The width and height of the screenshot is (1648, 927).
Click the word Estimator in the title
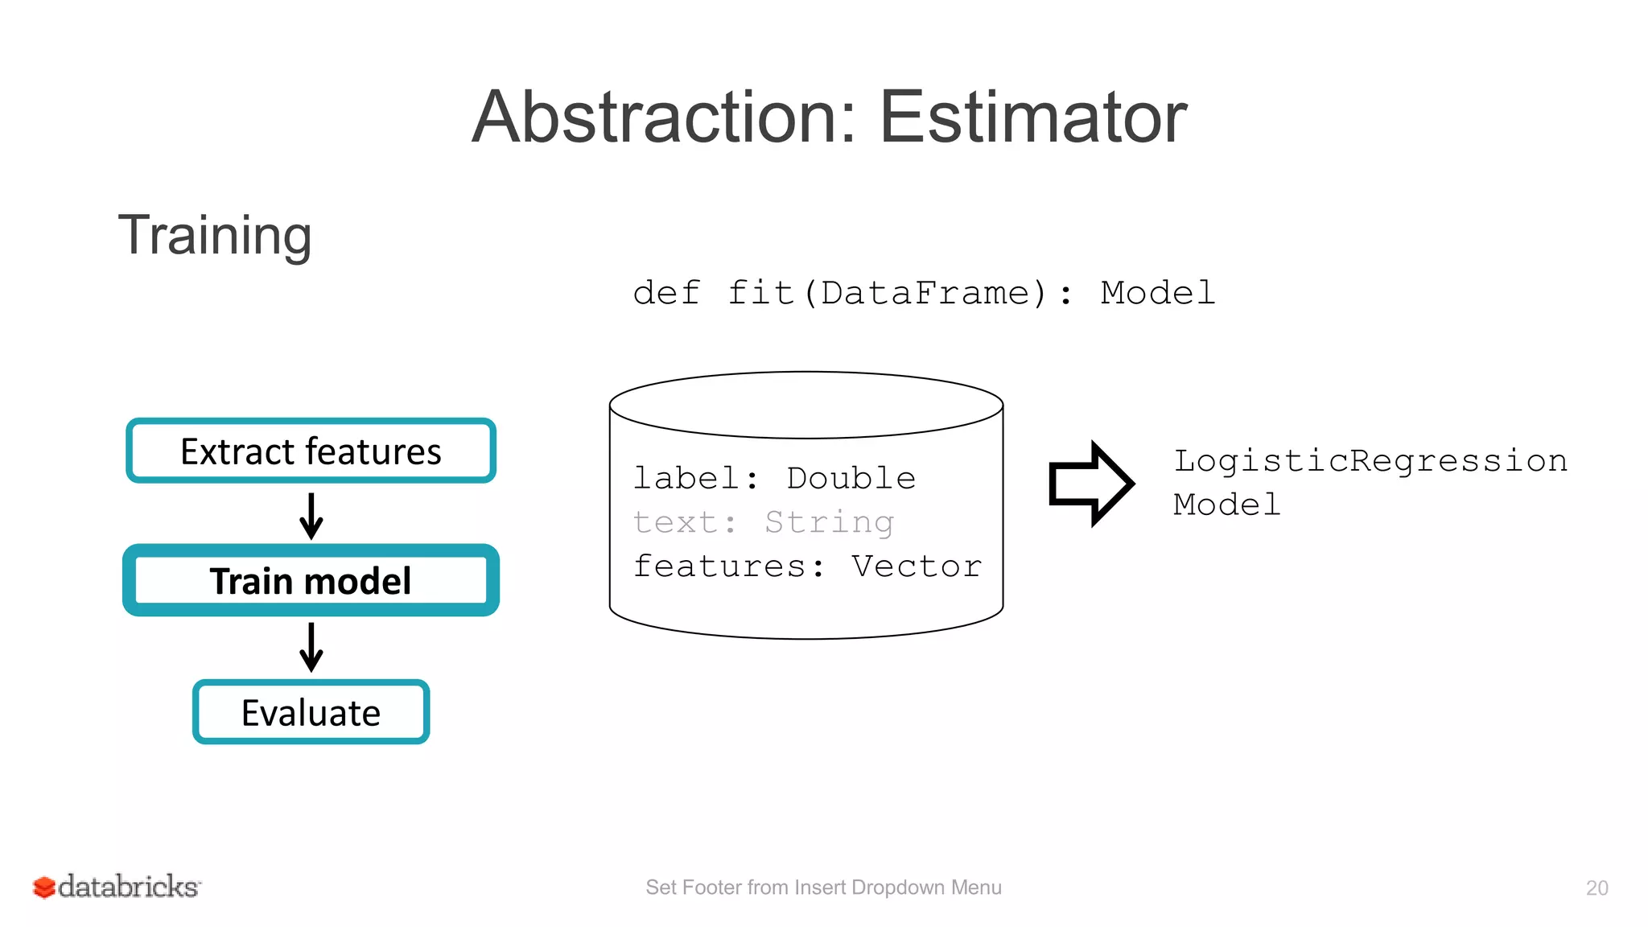(1032, 117)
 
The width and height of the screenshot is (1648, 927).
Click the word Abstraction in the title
(664, 117)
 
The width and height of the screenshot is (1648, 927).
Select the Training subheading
(215, 235)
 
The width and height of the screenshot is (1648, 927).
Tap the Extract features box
(311, 451)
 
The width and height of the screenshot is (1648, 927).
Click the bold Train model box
(311, 580)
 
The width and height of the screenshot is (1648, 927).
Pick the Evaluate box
(311, 712)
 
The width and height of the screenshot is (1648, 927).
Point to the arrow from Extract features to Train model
(311, 516)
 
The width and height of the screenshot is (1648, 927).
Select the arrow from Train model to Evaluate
(311, 647)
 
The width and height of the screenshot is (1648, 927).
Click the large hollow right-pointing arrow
(1090, 484)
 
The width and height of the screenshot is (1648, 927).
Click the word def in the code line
(666, 293)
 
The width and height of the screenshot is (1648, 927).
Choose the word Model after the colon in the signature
(1157, 293)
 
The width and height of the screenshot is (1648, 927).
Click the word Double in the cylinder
(851, 478)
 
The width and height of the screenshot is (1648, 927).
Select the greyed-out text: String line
(763, 522)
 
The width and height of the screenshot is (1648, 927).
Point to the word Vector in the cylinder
(917, 566)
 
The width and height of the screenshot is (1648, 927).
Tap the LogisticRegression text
(1370, 461)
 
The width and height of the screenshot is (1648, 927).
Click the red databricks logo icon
(43, 887)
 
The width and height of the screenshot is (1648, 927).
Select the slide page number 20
(1596, 888)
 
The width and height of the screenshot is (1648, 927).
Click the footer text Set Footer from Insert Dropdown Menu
(823, 887)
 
